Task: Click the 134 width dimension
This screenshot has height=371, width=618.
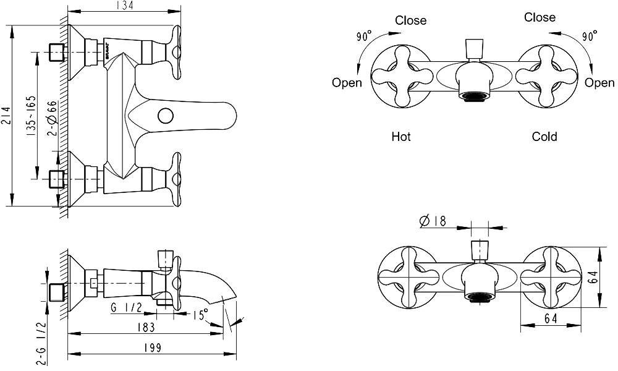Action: pyautogui.click(x=125, y=5)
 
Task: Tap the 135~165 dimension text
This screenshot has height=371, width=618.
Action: pyautogui.click(x=31, y=116)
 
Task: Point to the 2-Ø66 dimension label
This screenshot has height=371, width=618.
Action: pyautogui.click(x=53, y=119)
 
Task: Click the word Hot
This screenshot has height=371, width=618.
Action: pyautogui.click(x=401, y=137)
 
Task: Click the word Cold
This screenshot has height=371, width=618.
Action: pyautogui.click(x=544, y=137)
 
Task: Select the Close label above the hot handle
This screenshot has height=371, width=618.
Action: pyautogui.click(x=411, y=20)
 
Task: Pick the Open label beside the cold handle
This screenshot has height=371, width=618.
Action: pyautogui.click(x=599, y=83)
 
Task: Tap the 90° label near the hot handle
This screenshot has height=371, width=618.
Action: pyautogui.click(x=365, y=36)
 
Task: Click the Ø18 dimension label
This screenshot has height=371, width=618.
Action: pyautogui.click(x=433, y=221)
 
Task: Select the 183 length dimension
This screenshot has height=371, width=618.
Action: pyautogui.click(x=146, y=327)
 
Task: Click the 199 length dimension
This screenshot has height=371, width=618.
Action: pyautogui.click(x=153, y=348)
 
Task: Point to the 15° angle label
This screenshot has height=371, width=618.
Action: pyautogui.click(x=200, y=315)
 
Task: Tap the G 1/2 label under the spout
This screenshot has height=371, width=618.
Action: pyautogui.click(x=127, y=307)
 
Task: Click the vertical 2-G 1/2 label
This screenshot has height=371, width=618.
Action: pyautogui.click(x=42, y=343)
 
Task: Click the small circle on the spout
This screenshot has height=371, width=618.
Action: pyautogui.click(x=166, y=116)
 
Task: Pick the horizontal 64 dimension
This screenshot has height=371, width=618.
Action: pyautogui.click(x=551, y=318)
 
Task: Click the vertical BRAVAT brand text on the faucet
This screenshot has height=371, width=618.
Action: pyautogui.click(x=107, y=51)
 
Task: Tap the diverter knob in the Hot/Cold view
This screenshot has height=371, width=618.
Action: pyautogui.click(x=473, y=49)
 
